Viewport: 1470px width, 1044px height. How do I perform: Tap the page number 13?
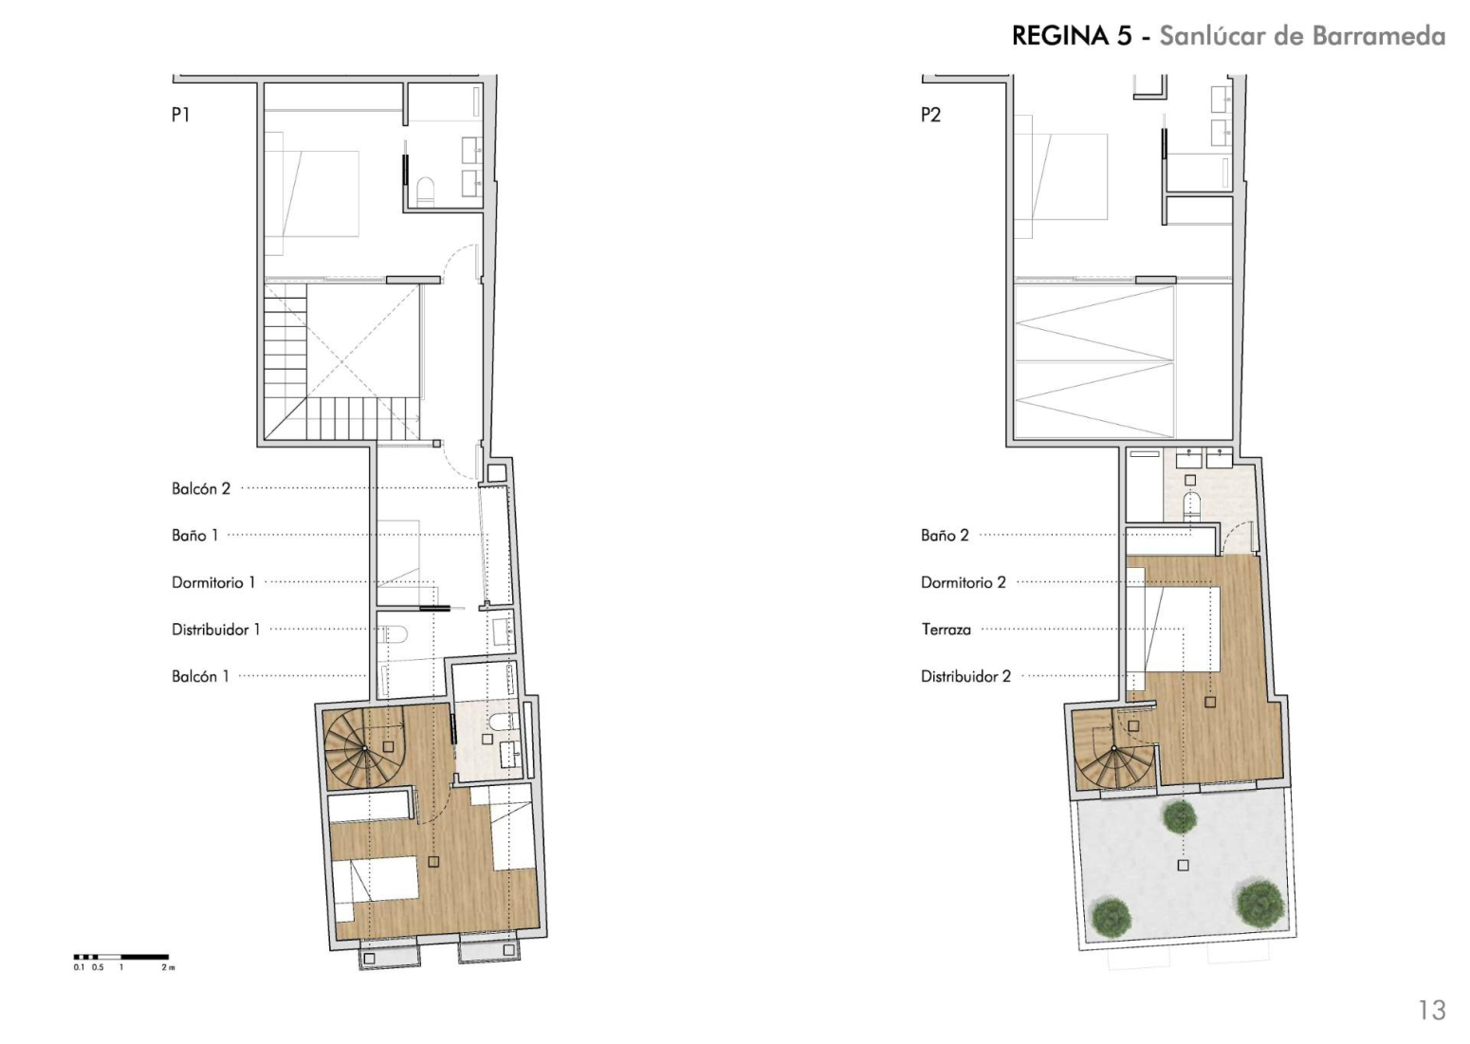1431,1010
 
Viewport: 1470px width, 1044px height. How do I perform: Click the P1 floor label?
180,115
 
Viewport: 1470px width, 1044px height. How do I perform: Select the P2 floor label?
930,115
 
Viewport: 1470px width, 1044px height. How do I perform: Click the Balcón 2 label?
201,488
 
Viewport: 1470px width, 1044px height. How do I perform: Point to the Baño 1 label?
194,536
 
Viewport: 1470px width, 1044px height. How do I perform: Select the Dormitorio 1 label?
213,583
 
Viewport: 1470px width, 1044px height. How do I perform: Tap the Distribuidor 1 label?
216,630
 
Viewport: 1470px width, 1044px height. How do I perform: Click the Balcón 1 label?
200,676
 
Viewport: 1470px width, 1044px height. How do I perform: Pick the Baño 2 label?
945,536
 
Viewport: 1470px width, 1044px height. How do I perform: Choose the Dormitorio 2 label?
964,583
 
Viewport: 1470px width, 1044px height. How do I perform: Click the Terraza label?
946,630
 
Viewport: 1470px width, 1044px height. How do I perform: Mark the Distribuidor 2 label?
966,676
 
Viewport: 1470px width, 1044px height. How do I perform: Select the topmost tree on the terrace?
1179,817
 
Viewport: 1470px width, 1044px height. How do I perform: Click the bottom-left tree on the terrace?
1112,915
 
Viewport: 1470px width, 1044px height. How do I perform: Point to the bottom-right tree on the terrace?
1260,904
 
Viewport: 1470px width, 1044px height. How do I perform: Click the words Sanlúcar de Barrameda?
1303,36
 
